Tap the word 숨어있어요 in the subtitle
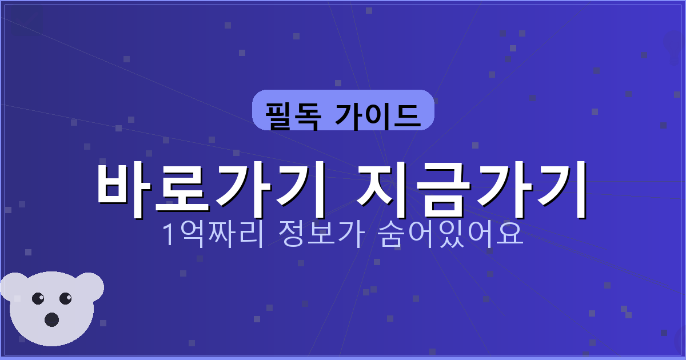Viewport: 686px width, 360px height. [451, 234]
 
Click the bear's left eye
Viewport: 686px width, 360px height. [38, 298]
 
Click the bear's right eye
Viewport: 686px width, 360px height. [66, 298]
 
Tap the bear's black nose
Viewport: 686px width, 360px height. [51, 319]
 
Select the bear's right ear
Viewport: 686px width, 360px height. [89, 285]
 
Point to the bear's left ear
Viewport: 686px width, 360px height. [13, 285]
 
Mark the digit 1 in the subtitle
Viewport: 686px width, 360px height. [169, 235]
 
